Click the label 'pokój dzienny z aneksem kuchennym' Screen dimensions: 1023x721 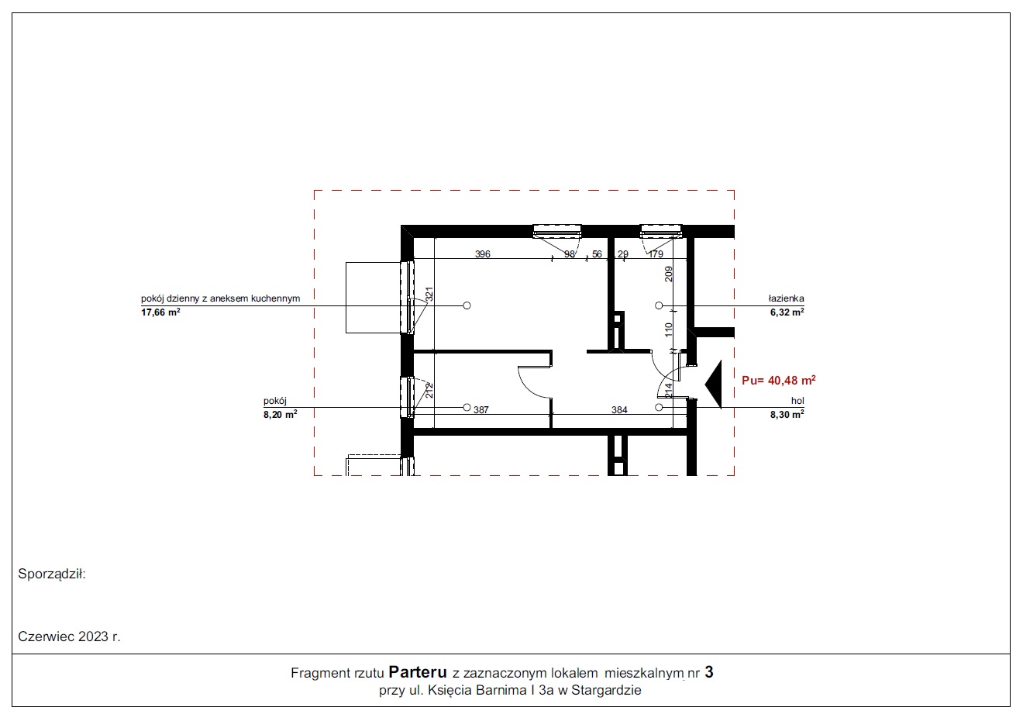[221, 298]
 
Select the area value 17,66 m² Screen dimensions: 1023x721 [160, 312]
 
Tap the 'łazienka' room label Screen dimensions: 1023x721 [786, 298]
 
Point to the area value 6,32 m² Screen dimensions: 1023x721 [787, 312]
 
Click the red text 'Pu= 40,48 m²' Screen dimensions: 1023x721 [779, 380]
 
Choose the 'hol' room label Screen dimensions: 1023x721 [797, 401]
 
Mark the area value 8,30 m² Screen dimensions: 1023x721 [787, 415]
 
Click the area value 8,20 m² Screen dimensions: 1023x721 [280, 415]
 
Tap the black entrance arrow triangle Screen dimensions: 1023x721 [714, 385]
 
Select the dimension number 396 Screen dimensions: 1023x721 [482, 254]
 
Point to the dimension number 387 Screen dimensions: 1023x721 [481, 410]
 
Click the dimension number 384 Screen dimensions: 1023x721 [619, 410]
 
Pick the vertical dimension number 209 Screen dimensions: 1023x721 [669, 274]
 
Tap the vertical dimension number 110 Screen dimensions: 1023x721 [669, 330]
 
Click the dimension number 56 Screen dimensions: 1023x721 [597, 254]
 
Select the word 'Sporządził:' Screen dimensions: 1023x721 [52, 574]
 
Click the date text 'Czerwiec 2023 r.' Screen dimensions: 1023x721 [69, 636]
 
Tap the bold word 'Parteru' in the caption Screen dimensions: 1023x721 [418, 672]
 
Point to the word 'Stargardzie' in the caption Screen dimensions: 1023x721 [606, 690]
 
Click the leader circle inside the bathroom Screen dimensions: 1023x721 [659, 305]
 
